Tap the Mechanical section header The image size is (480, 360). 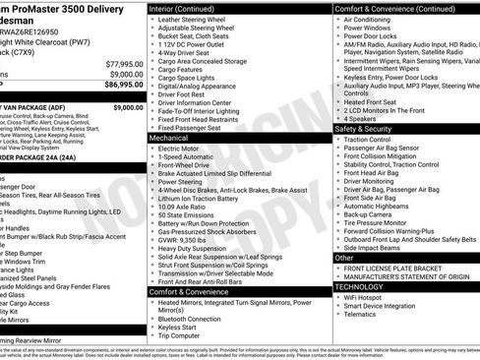click(168, 139)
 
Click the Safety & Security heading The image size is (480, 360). click(370, 129)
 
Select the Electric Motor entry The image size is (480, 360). click(184, 150)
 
